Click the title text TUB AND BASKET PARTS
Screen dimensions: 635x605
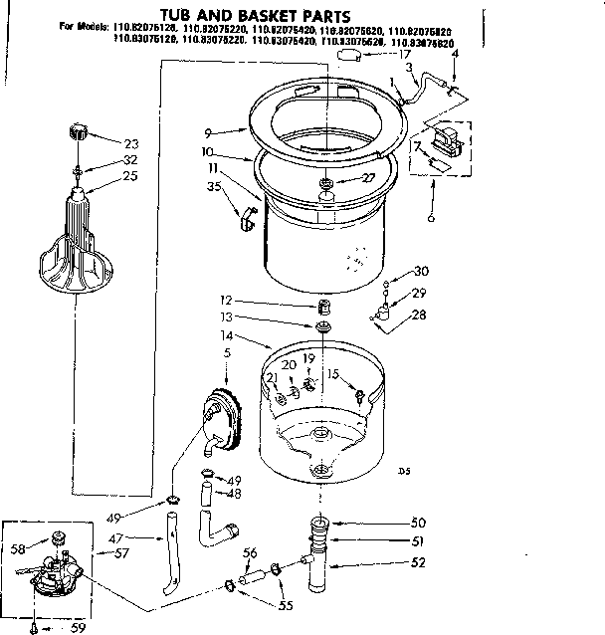(254, 16)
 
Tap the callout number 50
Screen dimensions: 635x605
(418, 523)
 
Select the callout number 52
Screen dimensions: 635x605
(418, 562)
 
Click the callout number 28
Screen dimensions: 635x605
(420, 315)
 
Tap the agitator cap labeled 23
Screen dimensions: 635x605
(78, 131)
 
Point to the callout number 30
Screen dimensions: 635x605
(421, 271)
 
